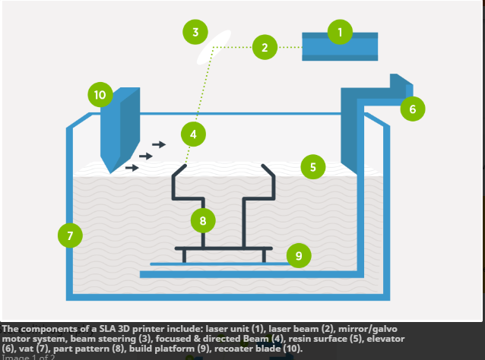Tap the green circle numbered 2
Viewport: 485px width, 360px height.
pos(264,47)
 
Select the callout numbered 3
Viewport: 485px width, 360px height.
pos(195,32)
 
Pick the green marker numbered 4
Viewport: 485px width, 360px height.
pos(193,134)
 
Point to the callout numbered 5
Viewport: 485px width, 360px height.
pos(312,166)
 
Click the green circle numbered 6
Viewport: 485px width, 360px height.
pos(412,109)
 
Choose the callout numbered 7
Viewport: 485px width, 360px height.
pos(70,235)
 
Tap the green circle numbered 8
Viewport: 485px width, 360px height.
pos(202,221)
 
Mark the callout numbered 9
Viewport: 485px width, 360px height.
pos(298,256)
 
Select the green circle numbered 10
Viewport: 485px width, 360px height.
pos(100,95)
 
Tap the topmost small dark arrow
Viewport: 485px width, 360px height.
pos(159,144)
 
